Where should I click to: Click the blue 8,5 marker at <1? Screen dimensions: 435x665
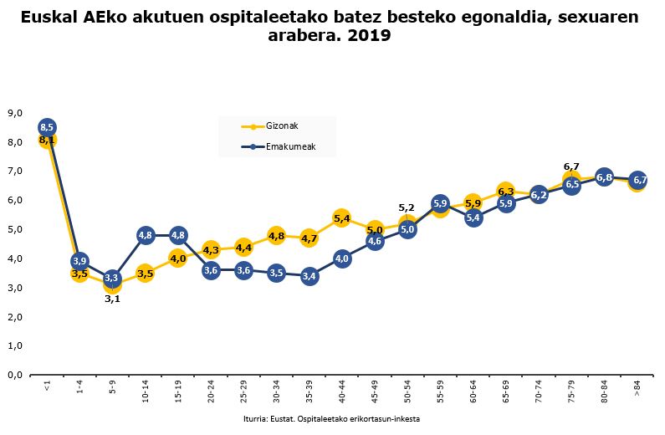click(47, 127)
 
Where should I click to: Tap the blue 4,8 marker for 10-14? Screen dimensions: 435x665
click(145, 235)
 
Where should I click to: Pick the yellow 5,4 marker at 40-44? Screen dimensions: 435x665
click(341, 218)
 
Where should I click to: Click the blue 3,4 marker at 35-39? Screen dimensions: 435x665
click(309, 276)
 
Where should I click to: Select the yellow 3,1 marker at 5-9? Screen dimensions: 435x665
click(112, 285)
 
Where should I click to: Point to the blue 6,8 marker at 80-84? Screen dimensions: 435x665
click(604, 177)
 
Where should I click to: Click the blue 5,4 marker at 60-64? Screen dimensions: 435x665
click(473, 218)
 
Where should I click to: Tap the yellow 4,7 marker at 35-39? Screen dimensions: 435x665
click(309, 238)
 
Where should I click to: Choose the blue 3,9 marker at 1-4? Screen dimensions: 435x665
click(79, 262)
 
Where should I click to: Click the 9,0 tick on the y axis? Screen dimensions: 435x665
click(14, 113)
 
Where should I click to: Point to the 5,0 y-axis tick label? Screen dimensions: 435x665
click(14, 229)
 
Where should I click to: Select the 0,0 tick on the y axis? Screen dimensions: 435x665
click(14, 375)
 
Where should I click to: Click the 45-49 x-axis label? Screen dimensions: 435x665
click(375, 392)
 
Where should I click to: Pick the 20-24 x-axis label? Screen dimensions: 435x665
click(211, 392)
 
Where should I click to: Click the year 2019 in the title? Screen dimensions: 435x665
click(371, 37)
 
